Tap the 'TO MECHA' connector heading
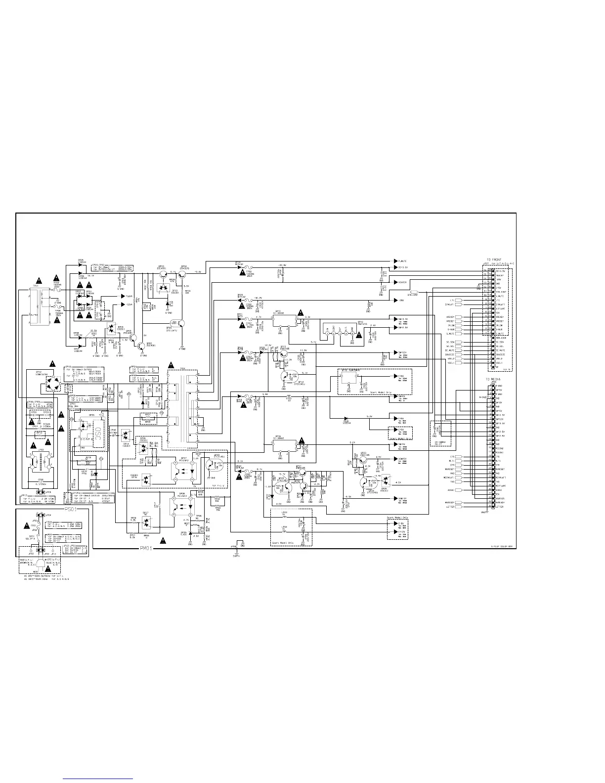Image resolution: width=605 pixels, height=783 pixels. click(494, 379)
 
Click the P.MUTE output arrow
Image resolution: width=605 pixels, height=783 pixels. click(396, 261)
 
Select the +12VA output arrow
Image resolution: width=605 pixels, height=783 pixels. click(124, 296)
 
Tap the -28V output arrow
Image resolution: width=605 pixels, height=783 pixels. click(396, 300)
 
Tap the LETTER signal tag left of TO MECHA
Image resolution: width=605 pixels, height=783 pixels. click(459, 507)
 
